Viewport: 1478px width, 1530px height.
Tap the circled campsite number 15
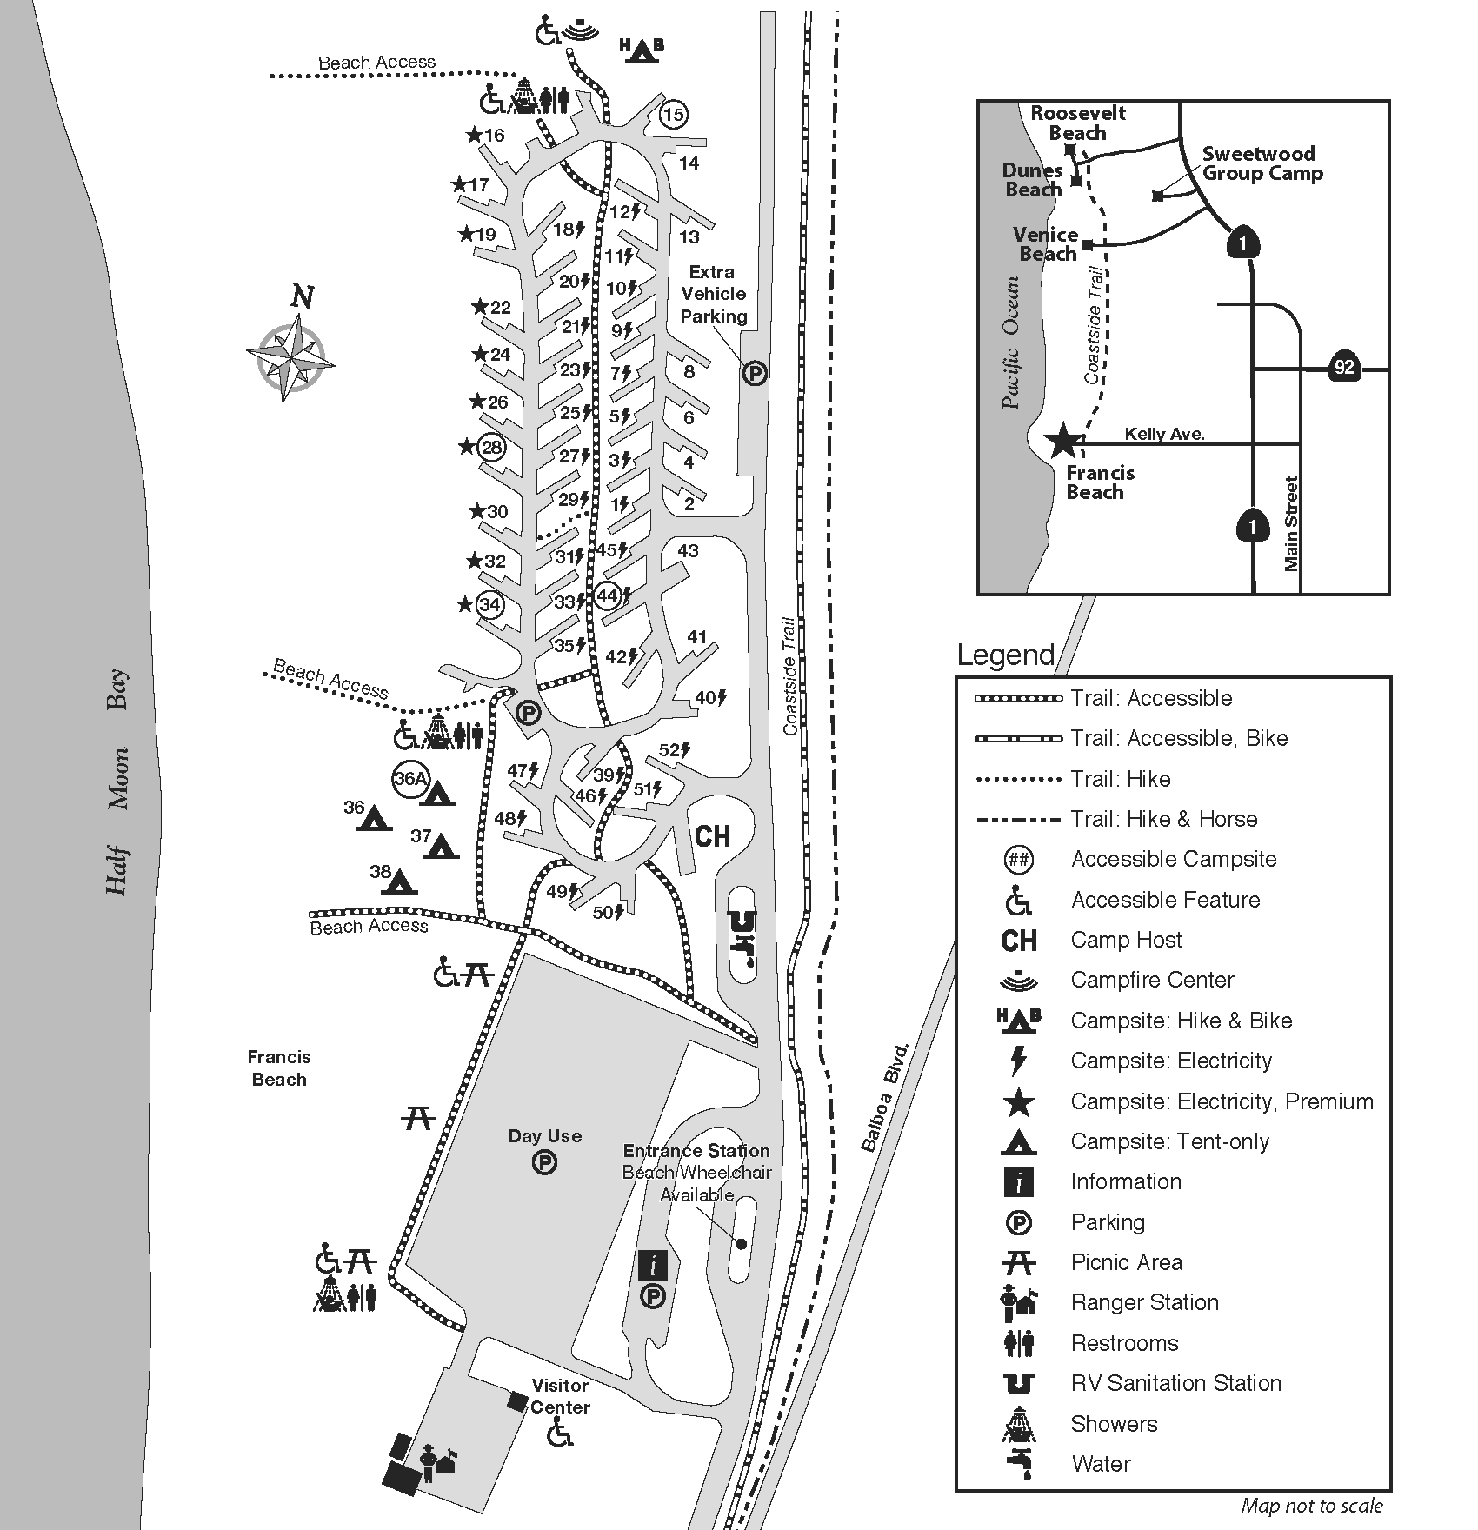point(674,114)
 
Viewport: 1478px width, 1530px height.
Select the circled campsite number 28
point(492,447)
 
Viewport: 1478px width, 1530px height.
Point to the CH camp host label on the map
point(713,836)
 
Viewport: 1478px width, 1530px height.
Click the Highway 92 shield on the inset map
point(1344,367)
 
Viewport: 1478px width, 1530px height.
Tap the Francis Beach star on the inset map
point(1063,441)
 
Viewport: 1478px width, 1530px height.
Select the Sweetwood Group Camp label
point(1262,163)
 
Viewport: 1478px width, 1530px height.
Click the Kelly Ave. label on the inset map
point(1164,434)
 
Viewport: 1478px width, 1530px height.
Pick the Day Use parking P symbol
point(544,1162)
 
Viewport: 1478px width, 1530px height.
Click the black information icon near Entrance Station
point(652,1266)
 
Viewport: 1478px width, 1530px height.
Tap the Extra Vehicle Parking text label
point(713,294)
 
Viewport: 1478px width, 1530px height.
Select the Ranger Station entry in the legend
point(1144,1302)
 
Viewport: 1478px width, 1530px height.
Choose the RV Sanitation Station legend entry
point(1175,1383)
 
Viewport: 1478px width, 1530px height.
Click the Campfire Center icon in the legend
point(1018,981)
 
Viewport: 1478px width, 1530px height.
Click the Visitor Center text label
point(560,1396)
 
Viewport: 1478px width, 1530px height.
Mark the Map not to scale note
point(1311,1506)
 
